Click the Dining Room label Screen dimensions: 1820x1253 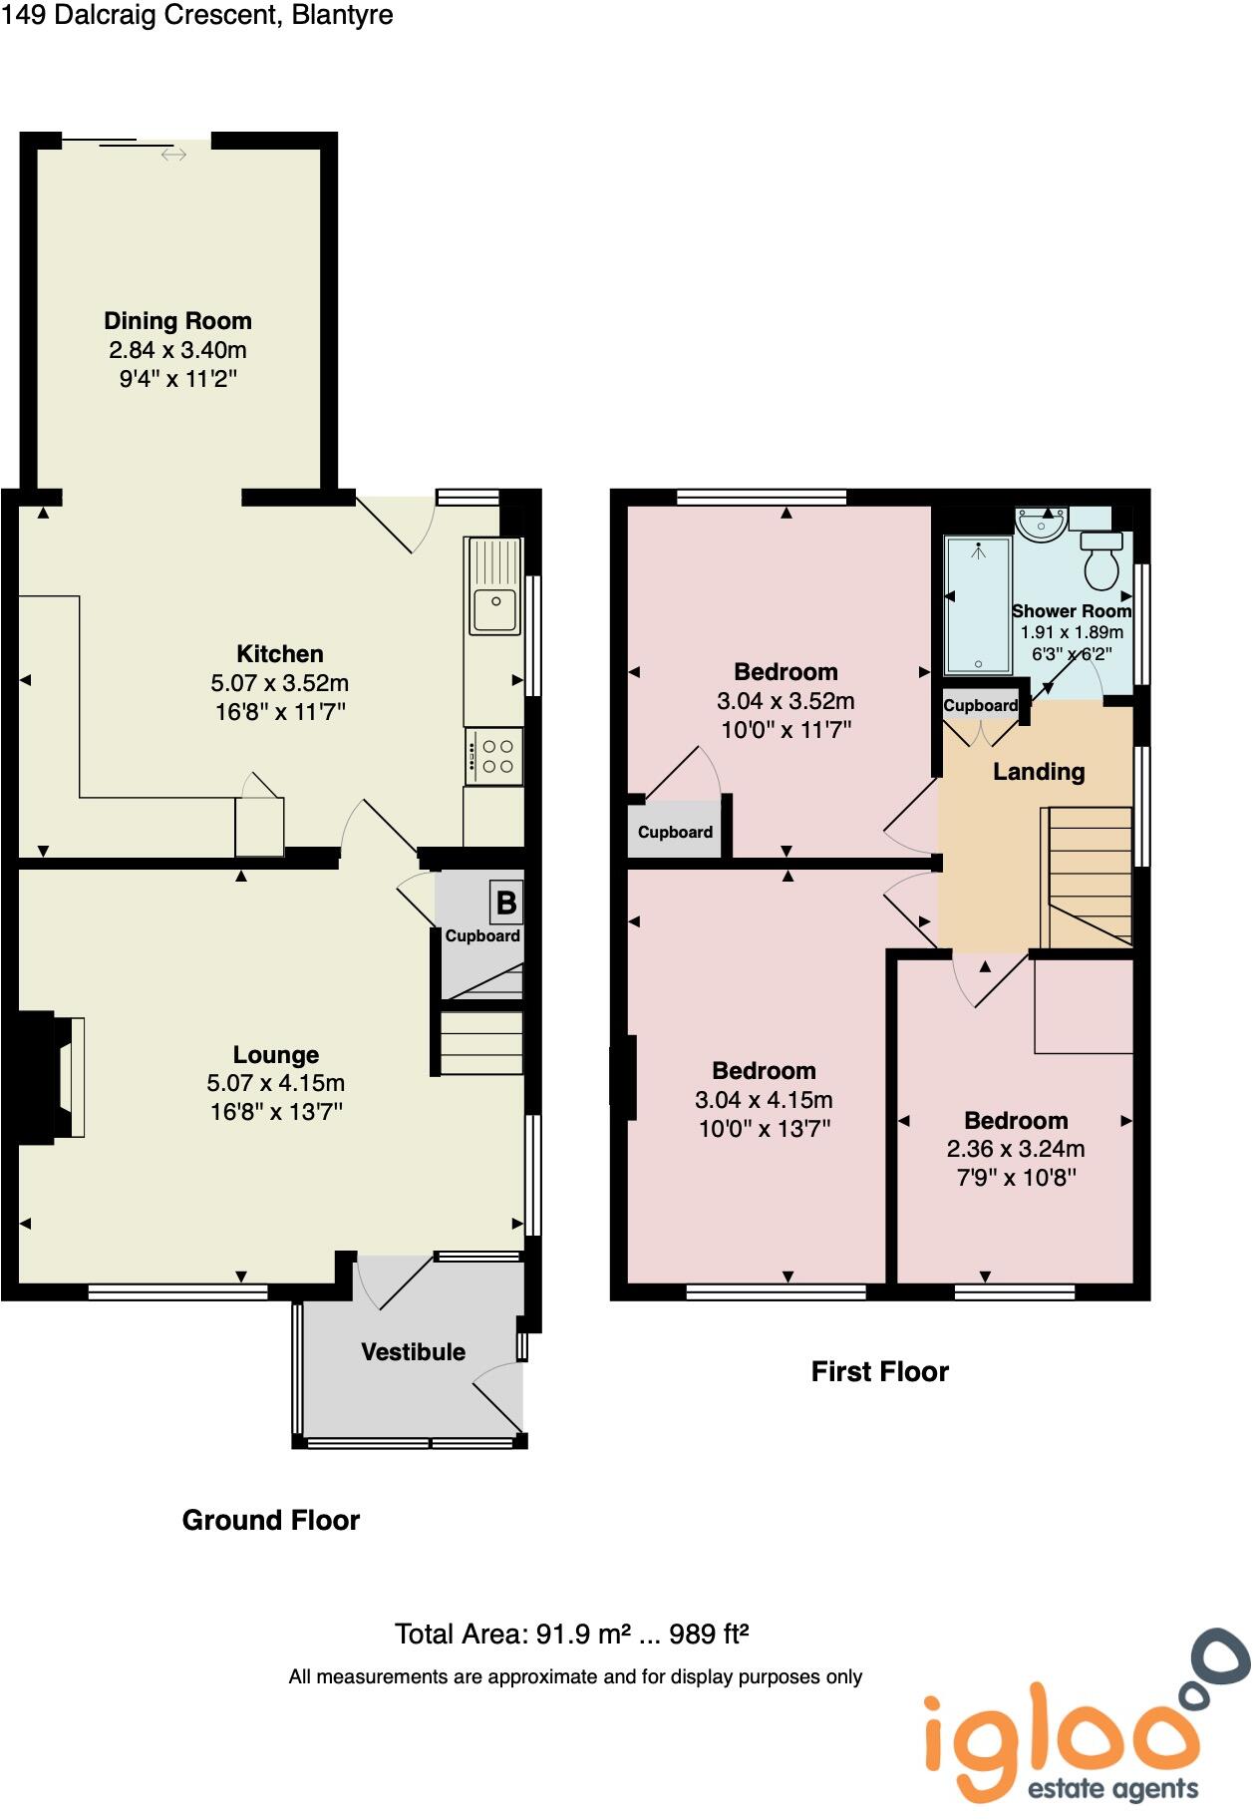pos(177,321)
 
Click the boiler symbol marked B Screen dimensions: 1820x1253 pos(505,903)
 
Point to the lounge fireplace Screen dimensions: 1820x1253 pos(52,1076)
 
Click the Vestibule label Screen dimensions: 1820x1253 pos(413,1352)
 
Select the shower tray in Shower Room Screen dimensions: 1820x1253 pos(977,605)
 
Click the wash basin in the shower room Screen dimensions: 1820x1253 pos(1042,523)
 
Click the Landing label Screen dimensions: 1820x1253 pos(1038,771)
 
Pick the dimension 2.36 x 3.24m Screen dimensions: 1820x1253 pos(1015,1149)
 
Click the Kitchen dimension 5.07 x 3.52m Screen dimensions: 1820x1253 pos(279,683)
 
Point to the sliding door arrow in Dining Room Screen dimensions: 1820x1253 pos(173,155)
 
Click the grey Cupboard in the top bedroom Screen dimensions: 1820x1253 pos(675,832)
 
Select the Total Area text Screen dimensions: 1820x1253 pos(571,1634)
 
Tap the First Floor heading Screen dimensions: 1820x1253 pos(879,1371)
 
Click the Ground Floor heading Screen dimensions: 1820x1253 pos(270,1520)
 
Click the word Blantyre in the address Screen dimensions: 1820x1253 pos(342,15)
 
